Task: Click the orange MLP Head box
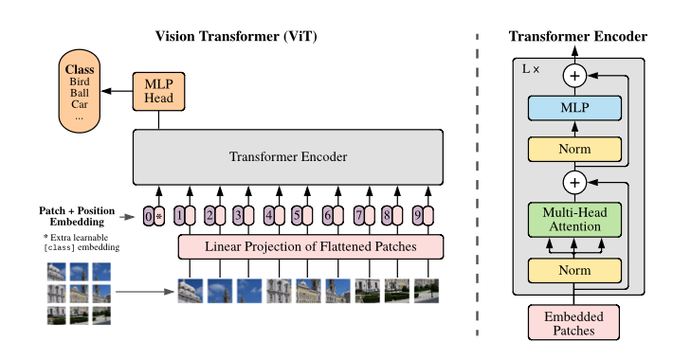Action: point(159,91)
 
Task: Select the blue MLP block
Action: point(574,108)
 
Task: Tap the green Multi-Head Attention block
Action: point(574,220)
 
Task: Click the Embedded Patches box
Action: point(573,323)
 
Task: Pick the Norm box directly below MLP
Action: point(574,150)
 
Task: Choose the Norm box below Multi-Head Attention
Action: point(574,271)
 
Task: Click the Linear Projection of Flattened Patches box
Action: point(311,246)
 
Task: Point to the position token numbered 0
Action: point(149,216)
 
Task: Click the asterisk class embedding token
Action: point(159,216)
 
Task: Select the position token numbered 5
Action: point(297,215)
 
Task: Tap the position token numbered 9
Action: point(418,215)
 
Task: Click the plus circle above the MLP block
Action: point(574,76)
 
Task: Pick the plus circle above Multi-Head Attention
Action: point(574,182)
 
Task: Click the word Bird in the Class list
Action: point(80,81)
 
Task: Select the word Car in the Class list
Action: point(80,104)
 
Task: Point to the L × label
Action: point(531,69)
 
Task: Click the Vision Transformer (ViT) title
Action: point(236,36)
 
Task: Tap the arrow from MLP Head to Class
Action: point(117,91)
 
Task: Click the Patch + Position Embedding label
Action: point(77,216)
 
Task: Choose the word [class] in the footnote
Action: point(59,247)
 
